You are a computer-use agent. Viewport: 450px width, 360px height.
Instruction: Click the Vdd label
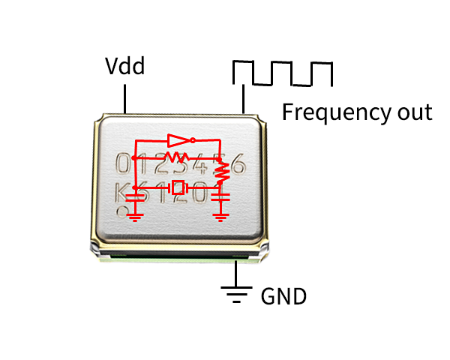pos(124,67)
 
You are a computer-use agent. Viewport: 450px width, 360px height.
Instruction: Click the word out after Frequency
pos(413,112)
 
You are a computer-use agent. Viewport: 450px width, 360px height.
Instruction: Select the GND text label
pos(283,296)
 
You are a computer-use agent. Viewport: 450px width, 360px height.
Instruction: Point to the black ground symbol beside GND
pos(237,293)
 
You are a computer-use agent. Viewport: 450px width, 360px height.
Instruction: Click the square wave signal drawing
pos(283,73)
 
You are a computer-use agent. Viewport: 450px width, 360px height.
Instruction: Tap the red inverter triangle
pos(178,139)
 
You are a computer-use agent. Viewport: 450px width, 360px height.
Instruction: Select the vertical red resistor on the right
pos(221,172)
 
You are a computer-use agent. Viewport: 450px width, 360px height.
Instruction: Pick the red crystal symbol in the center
pos(178,187)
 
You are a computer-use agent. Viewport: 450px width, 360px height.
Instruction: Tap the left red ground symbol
pos(136,217)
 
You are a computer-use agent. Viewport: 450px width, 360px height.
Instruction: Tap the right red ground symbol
pos(220,217)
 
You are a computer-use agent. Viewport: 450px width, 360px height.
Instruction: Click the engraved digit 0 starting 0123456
pos(121,164)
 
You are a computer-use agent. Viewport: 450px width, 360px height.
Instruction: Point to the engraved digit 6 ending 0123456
pos(237,164)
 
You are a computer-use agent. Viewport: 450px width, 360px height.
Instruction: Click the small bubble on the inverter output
pos(193,139)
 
